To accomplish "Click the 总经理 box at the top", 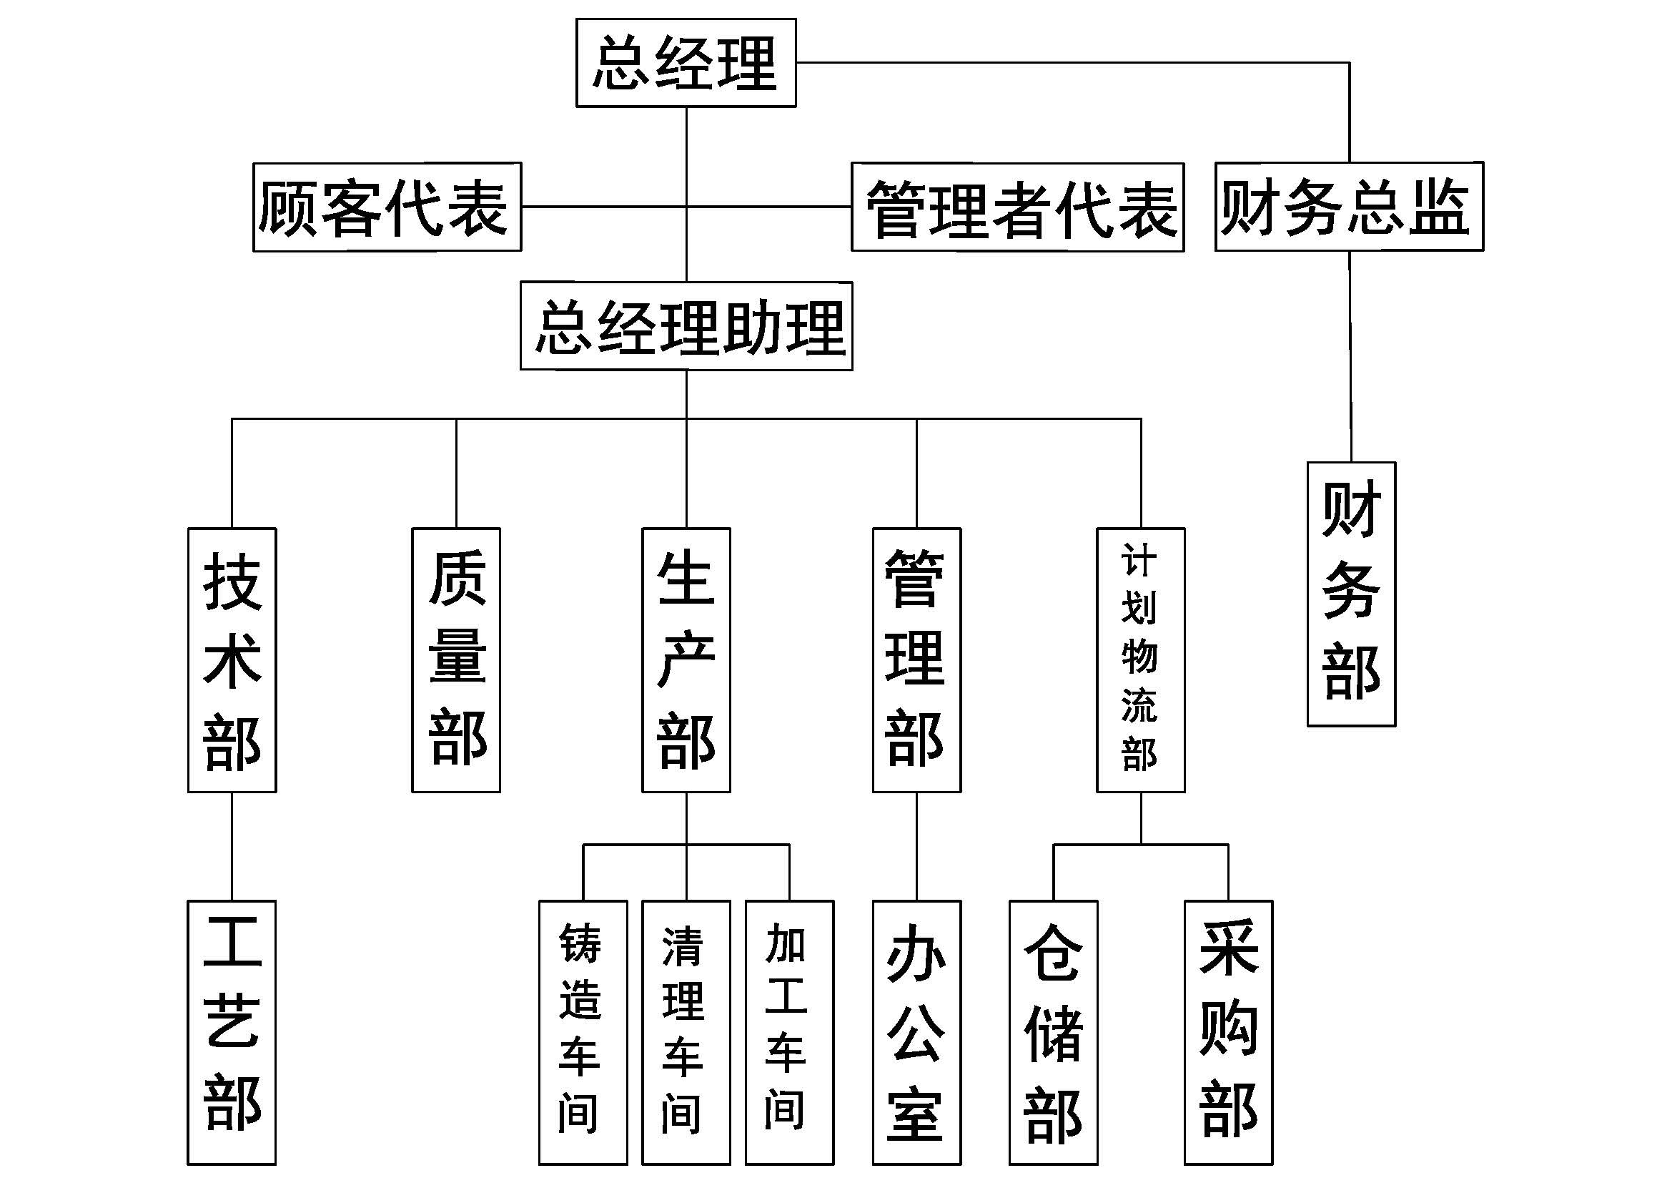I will (686, 64).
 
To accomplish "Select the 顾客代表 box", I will (387, 207).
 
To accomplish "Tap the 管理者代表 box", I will (1017, 207).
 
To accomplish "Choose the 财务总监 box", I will (1349, 207).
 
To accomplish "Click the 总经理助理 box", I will (686, 326).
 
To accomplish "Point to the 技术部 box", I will (232, 660).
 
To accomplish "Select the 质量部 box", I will (456, 660).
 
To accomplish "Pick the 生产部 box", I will (686, 660).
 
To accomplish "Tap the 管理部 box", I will (916, 660).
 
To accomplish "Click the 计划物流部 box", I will (1140, 660).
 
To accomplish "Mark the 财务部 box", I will (1351, 594).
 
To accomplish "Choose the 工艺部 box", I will (232, 1032).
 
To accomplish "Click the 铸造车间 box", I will (583, 1032).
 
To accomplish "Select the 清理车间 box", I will (686, 1032).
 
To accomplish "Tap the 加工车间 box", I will (789, 1032).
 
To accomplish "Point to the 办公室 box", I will (916, 1032).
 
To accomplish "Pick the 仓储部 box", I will (1053, 1032).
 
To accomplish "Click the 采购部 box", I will (1229, 1032).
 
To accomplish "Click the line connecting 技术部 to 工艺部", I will (232, 846).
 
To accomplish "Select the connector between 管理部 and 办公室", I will (916, 846).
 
